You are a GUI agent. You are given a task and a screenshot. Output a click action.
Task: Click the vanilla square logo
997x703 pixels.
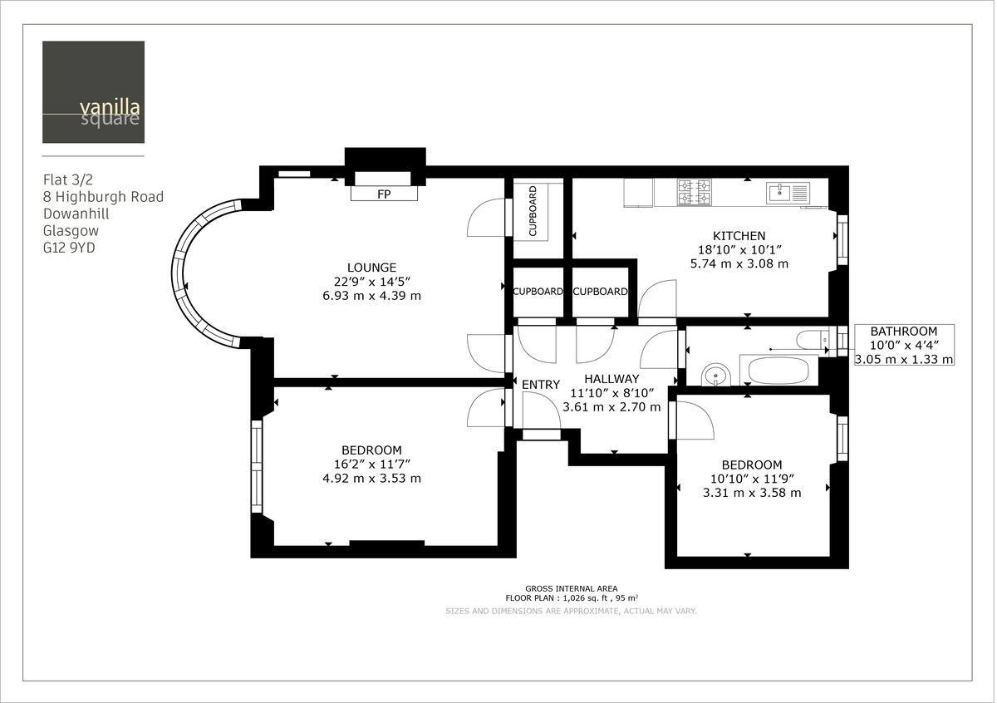click(93, 92)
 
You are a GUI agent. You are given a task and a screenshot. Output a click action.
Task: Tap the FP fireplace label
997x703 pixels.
click(385, 194)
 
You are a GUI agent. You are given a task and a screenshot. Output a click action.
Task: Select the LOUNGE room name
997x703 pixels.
click(371, 268)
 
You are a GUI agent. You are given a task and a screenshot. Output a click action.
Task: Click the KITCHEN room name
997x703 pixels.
click(739, 236)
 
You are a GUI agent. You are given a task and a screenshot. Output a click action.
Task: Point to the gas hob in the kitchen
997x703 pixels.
click(695, 193)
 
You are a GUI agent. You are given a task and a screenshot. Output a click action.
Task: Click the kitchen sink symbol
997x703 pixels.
click(788, 193)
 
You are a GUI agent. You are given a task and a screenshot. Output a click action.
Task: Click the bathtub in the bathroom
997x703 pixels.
click(778, 370)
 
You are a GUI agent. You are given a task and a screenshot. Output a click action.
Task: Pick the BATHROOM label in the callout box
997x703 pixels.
click(904, 332)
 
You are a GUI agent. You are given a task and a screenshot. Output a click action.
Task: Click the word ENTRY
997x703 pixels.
click(541, 385)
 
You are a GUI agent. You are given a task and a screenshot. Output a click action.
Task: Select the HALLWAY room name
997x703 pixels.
click(611, 379)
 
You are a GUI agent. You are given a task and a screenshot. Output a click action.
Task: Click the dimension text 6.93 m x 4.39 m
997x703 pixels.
click(371, 296)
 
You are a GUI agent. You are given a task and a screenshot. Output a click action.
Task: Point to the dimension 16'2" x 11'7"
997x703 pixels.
click(371, 465)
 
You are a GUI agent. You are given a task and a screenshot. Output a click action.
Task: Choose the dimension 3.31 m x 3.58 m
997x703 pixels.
click(751, 493)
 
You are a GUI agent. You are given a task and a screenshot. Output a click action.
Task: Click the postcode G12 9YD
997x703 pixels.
click(69, 248)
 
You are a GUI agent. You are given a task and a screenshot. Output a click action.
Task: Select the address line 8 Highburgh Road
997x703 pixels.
click(103, 197)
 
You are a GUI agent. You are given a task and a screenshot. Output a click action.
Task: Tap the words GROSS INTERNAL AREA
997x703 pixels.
click(571, 588)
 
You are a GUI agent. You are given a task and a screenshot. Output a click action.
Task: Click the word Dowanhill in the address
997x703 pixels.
click(76, 214)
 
